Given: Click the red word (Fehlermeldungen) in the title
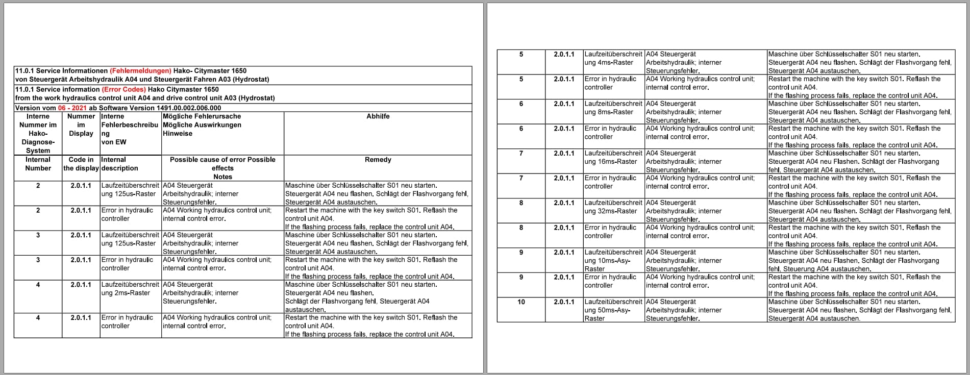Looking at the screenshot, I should (140, 71).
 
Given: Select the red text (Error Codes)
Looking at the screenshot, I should (124, 89).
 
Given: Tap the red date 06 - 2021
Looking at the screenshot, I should (72, 108).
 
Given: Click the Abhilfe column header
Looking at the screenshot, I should (378, 116).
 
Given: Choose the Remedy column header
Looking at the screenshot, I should (378, 160).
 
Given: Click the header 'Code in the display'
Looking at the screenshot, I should (81, 164).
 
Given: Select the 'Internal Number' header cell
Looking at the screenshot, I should (38, 164).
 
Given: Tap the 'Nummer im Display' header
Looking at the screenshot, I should (81, 124).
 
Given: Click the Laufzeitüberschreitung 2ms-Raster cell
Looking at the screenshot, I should (130, 289).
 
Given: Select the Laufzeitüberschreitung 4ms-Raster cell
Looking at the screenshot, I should (613, 58).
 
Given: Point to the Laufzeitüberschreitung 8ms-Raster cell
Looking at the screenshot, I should (613, 108).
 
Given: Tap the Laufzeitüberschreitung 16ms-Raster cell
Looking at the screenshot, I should (613, 157).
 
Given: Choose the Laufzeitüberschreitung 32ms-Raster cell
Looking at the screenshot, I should (613, 207).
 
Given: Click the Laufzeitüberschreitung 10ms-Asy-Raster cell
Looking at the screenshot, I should (613, 260).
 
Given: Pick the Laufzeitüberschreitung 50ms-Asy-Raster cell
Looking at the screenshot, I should (613, 310).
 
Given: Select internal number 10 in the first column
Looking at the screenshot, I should (521, 302).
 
